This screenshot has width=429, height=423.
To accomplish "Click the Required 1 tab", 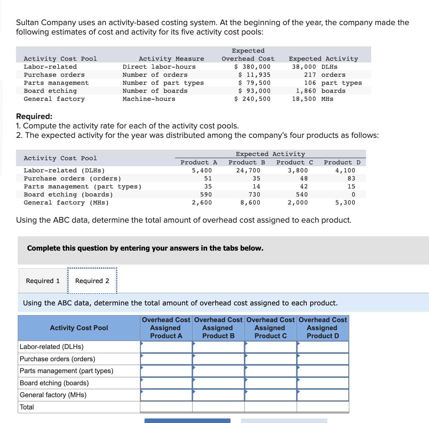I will tap(43, 281).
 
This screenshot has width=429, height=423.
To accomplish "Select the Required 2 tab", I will tap(92, 281).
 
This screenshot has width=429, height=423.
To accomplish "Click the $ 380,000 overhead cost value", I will tap(252, 67).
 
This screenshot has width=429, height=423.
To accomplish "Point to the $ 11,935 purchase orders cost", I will tap(254, 75).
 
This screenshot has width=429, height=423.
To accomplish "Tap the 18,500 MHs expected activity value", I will tap(312, 99).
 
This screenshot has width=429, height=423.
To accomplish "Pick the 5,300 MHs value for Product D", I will tap(345, 202).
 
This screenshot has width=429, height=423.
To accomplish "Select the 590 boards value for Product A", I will tap(206, 194).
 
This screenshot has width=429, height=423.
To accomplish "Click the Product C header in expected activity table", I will tap(295, 162).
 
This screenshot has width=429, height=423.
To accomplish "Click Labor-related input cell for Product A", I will tap(166, 347).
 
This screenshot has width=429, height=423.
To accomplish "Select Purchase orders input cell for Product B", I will tap(219, 359).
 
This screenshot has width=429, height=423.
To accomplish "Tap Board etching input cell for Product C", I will tap(271, 383).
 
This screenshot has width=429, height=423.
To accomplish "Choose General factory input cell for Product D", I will tap(323, 395).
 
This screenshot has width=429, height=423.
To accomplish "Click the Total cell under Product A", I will tap(166, 407).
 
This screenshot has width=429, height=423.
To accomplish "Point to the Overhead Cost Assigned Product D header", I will tap(323, 328).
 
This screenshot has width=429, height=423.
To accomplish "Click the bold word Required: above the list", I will tap(34, 116).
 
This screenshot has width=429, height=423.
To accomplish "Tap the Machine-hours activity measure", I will tap(149, 99).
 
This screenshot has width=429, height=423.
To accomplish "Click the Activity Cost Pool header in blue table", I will tap(79, 328).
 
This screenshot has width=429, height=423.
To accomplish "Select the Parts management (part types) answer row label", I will tap(67, 371).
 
